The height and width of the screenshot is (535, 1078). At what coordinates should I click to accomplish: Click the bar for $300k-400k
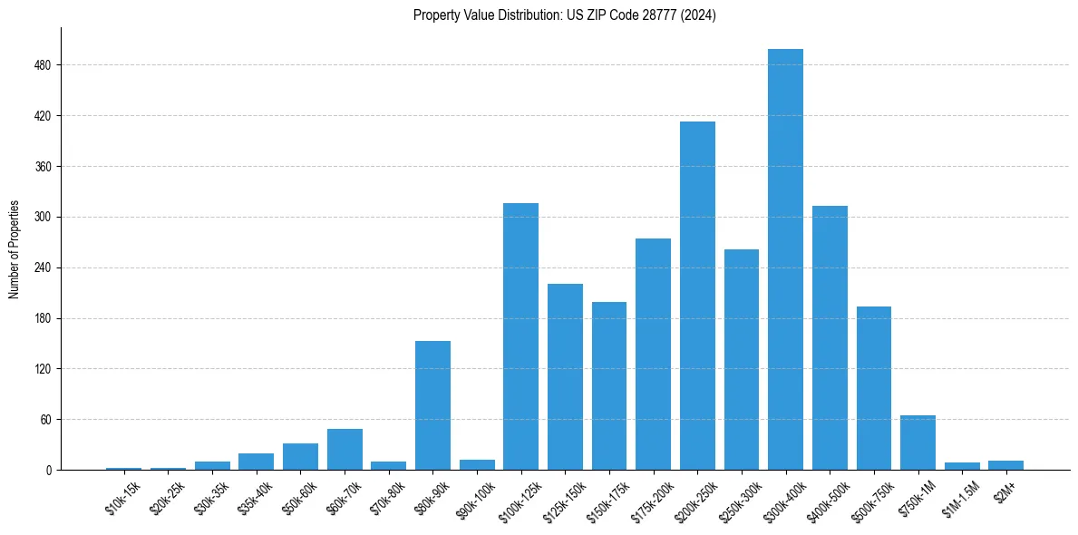[x=785, y=259]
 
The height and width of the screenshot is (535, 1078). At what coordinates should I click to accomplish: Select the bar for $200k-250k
[x=697, y=296]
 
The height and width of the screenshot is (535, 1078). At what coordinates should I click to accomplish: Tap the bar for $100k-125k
[x=520, y=336]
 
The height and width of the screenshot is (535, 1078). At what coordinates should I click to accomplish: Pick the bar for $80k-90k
[x=432, y=405]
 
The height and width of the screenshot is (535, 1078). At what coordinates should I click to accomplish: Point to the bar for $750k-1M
[x=918, y=443]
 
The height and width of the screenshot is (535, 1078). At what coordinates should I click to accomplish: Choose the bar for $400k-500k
[x=830, y=337]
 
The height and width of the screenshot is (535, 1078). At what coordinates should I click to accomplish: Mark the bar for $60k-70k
[x=345, y=449]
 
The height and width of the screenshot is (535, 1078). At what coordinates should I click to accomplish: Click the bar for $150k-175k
[x=609, y=385]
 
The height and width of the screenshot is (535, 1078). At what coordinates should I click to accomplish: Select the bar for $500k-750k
[x=874, y=388]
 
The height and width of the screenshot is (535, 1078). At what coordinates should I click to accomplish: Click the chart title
[x=564, y=15]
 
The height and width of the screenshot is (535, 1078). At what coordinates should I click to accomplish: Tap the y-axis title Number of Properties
[x=15, y=248]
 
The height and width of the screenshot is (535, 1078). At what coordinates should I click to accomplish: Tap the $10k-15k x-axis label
[x=121, y=498]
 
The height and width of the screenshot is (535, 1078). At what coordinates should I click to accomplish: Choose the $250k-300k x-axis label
[x=738, y=501]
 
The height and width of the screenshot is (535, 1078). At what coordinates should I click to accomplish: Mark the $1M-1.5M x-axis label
[x=959, y=498]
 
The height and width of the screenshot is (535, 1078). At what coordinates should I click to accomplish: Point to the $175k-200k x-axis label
[x=649, y=501]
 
